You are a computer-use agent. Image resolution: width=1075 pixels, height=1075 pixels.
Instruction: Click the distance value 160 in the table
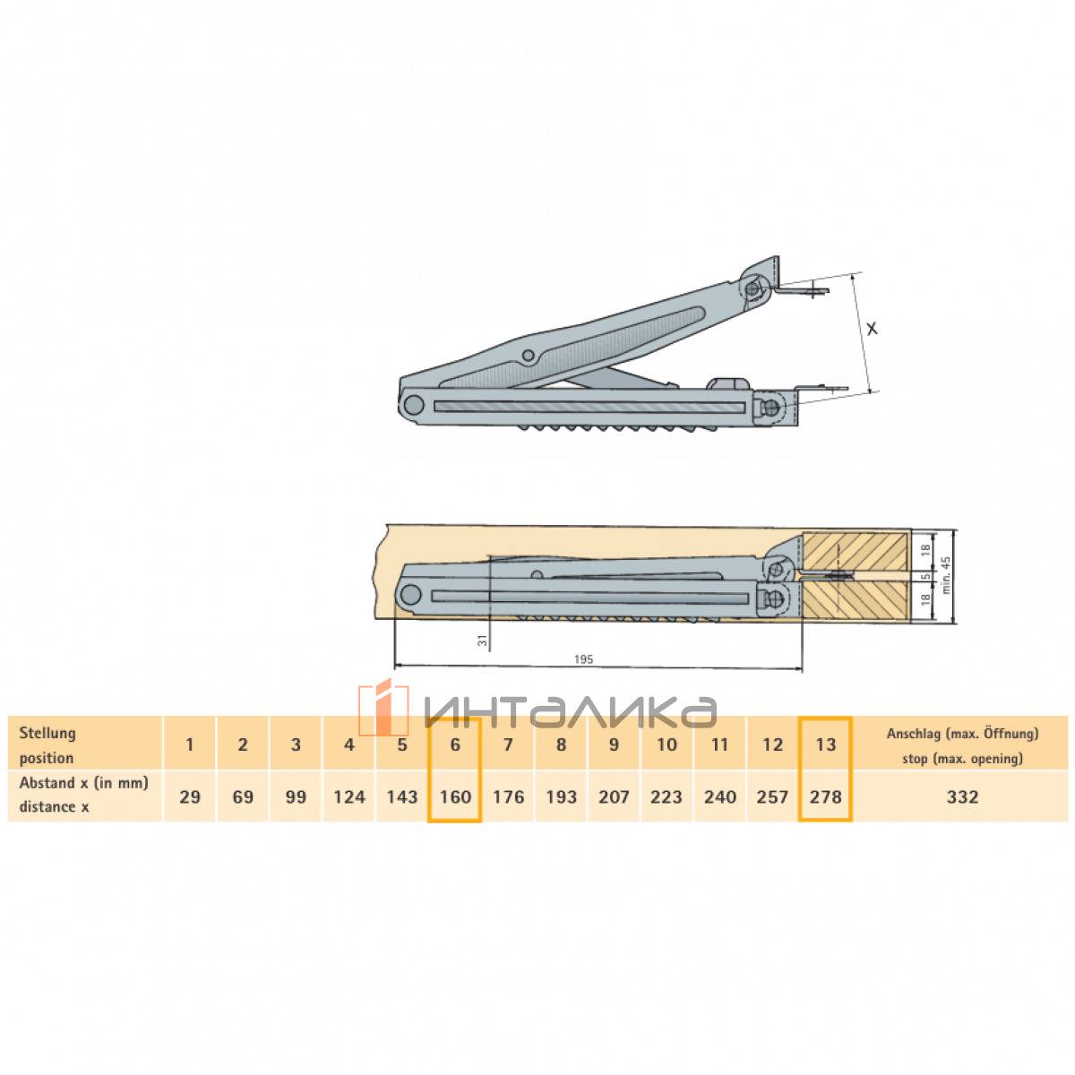click(455, 796)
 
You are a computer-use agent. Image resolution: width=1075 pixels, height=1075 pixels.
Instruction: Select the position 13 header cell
click(825, 744)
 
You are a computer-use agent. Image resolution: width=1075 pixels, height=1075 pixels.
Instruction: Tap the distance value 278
click(825, 796)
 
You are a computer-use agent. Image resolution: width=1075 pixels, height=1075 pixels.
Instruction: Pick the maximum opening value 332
click(962, 796)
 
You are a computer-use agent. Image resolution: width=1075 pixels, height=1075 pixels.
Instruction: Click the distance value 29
click(190, 796)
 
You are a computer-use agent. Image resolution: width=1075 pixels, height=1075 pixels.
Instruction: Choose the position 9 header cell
click(614, 744)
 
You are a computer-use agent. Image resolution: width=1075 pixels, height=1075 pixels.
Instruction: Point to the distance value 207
click(614, 796)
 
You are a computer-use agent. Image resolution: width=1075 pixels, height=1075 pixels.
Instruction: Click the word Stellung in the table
click(47, 733)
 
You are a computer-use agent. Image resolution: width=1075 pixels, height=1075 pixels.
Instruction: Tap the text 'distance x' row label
click(54, 806)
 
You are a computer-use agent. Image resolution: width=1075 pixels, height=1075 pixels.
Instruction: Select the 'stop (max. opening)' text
click(962, 759)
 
